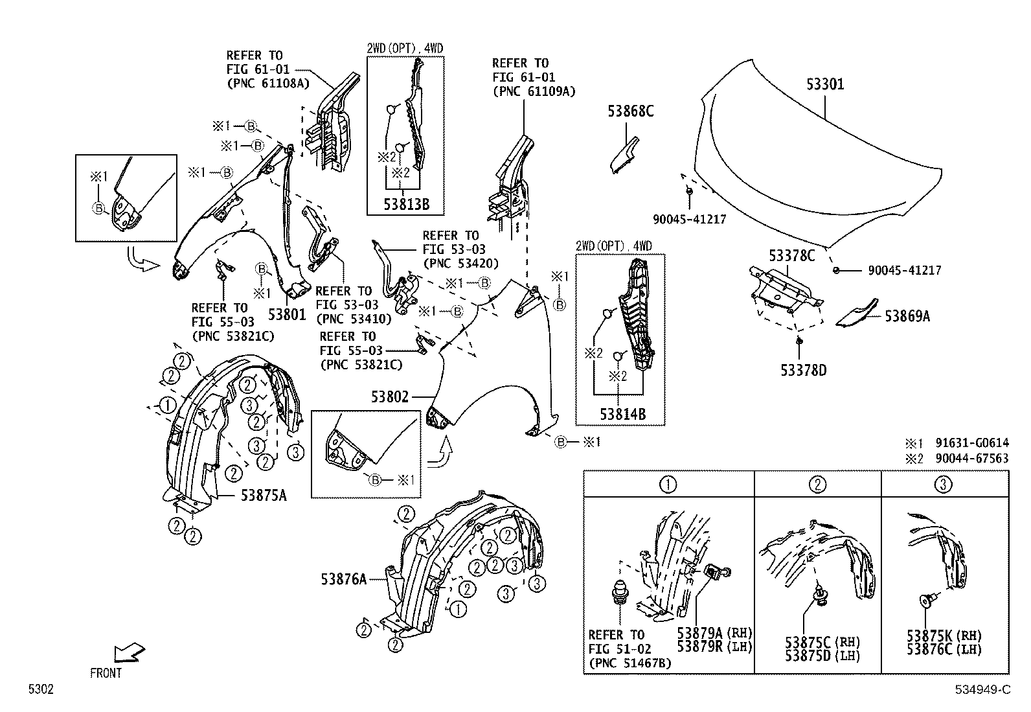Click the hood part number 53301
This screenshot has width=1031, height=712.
(825, 85)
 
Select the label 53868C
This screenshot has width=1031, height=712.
(630, 111)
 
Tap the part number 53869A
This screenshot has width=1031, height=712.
(907, 316)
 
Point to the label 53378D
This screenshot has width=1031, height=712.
(803, 371)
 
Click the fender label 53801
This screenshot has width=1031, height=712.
(286, 315)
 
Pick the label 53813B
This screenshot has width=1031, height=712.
(406, 205)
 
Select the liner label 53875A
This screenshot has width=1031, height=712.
(264, 496)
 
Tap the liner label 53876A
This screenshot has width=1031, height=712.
(343, 579)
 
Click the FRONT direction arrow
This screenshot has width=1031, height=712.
(130, 652)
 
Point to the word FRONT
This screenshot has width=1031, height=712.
(106, 673)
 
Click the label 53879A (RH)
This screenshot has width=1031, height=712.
(714, 633)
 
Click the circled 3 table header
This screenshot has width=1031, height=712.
(944, 484)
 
